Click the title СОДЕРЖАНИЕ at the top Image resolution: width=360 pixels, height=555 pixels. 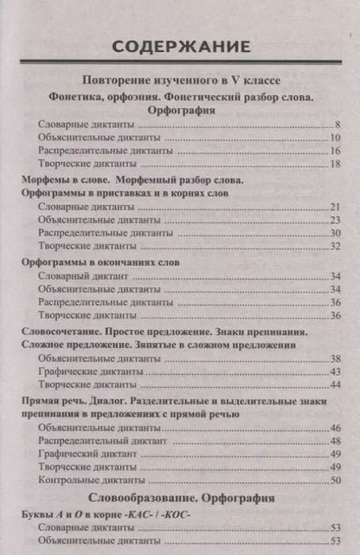[180, 45]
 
